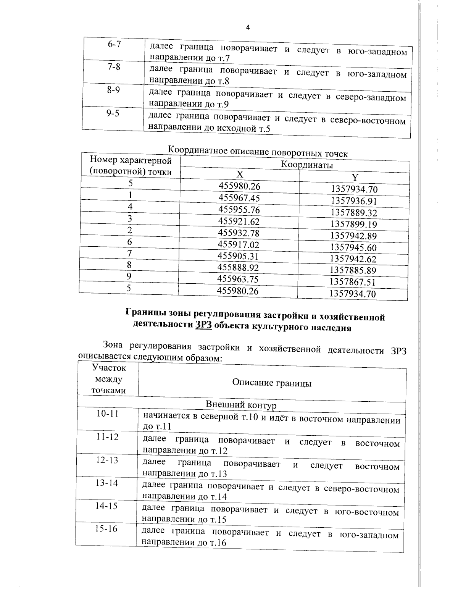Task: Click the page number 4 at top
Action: pos(248,27)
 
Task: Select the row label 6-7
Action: pos(114,44)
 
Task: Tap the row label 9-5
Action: pos(113,113)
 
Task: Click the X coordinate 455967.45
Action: pos(239,198)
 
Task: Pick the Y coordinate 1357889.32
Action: pos(354,213)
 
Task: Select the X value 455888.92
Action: pos(238,267)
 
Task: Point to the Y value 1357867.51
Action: pos(353,282)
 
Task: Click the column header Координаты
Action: pos(307,165)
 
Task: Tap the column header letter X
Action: pos(239,175)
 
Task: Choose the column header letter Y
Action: pos(355,177)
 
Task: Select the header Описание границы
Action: pos(271,383)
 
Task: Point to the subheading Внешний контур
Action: pos(241,405)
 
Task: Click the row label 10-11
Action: pos(108,414)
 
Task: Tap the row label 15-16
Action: pos(106,529)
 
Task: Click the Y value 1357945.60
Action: pos(353,247)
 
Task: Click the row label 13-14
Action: pos(107,483)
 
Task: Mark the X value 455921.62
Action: pos(239,221)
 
